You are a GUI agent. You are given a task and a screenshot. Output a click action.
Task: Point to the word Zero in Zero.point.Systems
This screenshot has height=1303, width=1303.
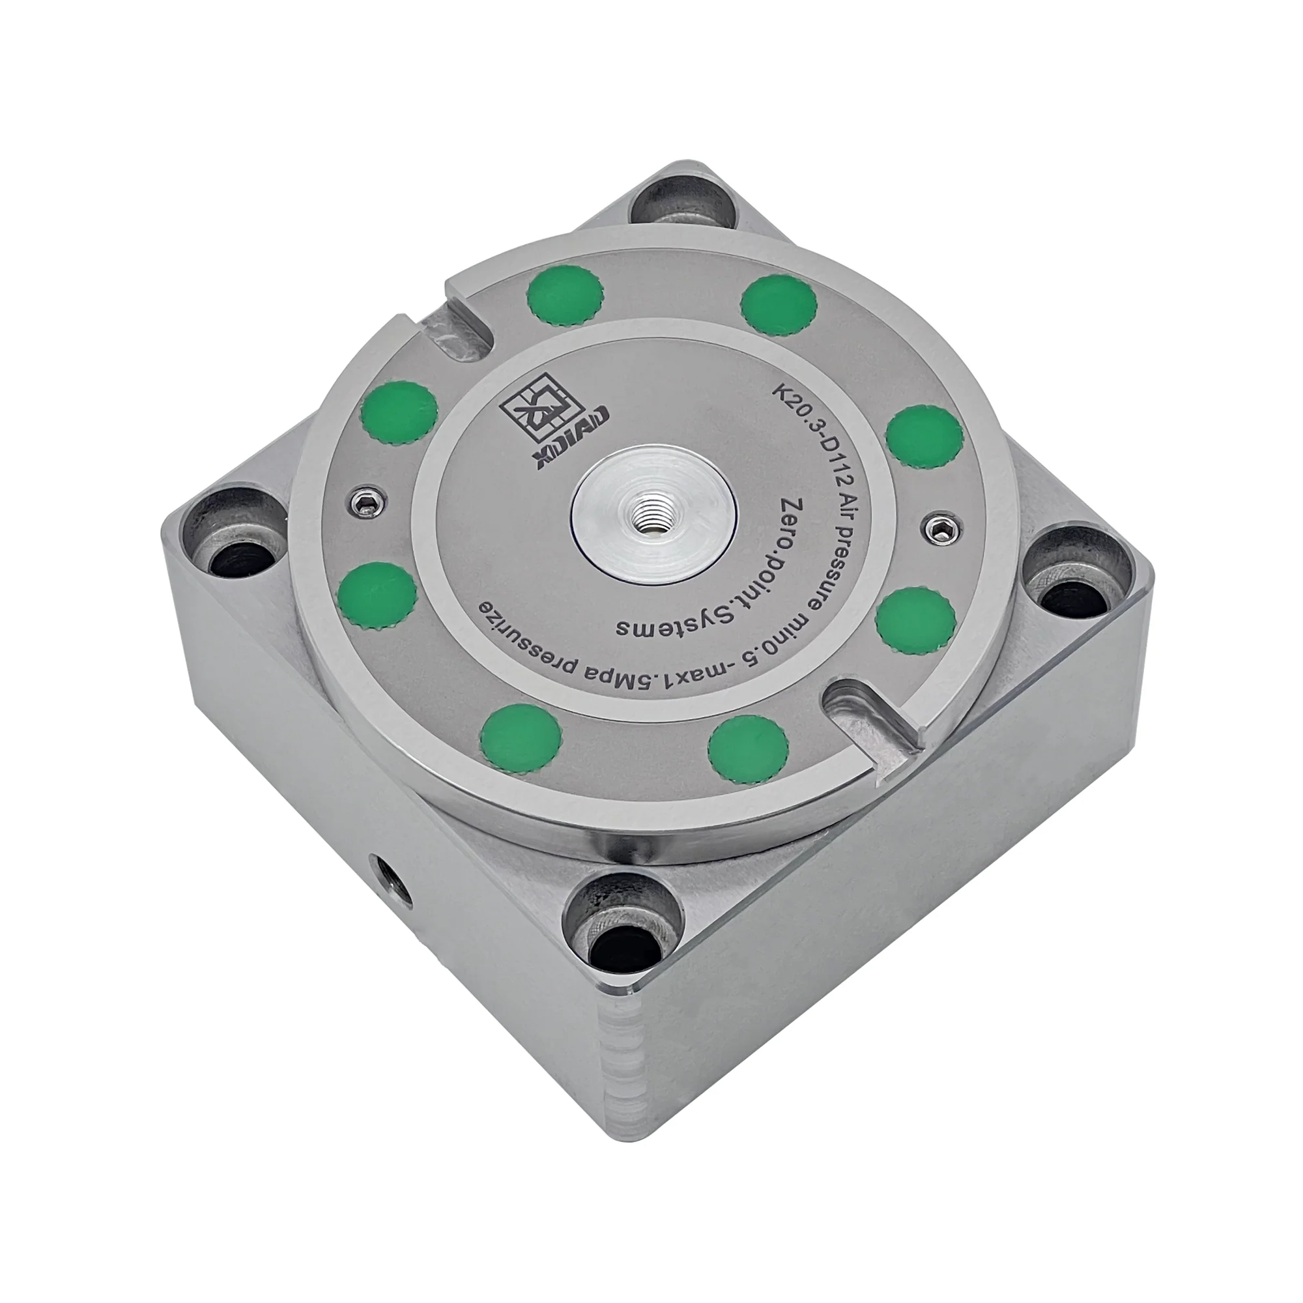click(x=803, y=519)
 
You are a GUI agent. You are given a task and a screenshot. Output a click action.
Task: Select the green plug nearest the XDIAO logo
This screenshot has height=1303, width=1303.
click(x=399, y=414)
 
